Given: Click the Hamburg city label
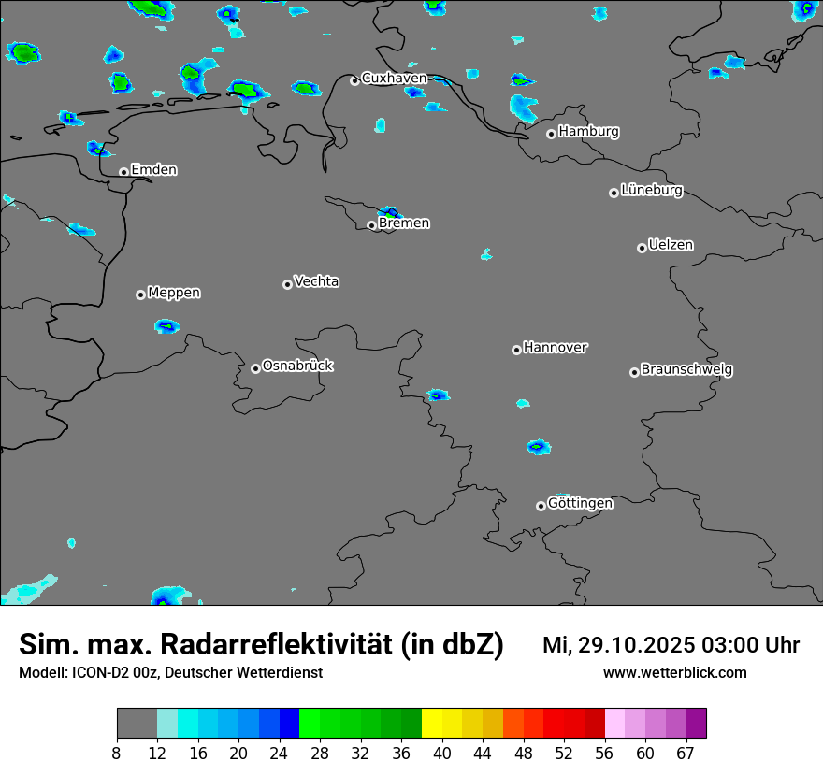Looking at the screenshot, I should pyautogui.click(x=588, y=132).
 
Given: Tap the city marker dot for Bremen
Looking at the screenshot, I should pyautogui.click(x=371, y=225).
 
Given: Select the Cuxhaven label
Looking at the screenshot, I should pyautogui.click(x=394, y=79).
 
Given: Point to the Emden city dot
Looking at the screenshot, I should pyautogui.click(x=123, y=172).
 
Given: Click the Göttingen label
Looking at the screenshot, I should pyautogui.click(x=580, y=503).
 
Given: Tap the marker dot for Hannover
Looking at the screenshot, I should pyautogui.click(x=516, y=350).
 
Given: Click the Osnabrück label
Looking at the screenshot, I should pyautogui.click(x=297, y=366).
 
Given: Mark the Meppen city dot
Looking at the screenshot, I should pyautogui.click(x=140, y=295).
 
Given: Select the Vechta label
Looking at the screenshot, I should pyautogui.click(x=316, y=281).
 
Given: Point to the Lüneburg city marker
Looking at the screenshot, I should pyautogui.click(x=614, y=193).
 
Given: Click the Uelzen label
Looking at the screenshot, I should pyautogui.click(x=671, y=245).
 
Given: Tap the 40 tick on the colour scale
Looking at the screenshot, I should pyautogui.click(x=442, y=754).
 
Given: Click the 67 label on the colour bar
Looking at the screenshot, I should pyautogui.click(x=686, y=754).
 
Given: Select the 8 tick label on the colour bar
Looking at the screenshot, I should pyautogui.click(x=116, y=754).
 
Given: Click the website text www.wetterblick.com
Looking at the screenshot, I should pyautogui.click(x=675, y=672).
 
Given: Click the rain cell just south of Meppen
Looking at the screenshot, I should pyautogui.click(x=166, y=326).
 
